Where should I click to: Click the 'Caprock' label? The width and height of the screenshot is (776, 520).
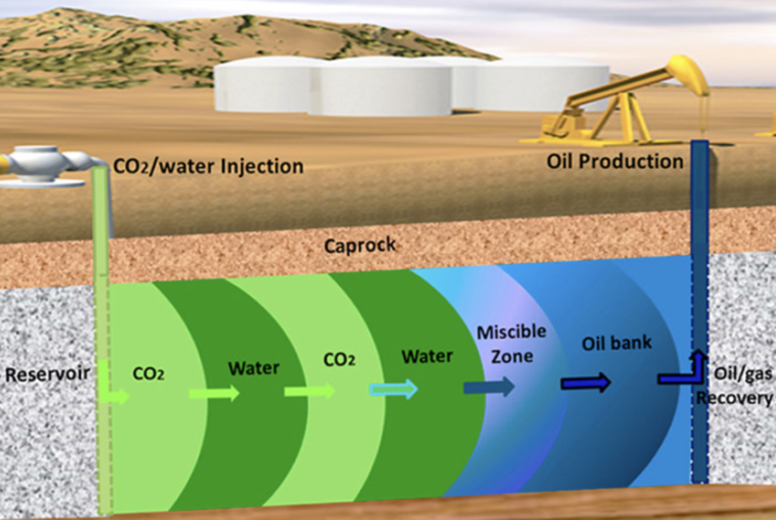pyautogui.click(x=360, y=246)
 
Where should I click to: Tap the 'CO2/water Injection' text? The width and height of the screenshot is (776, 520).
pyautogui.click(x=208, y=165)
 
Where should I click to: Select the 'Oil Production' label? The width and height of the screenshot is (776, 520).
pyautogui.click(x=615, y=161)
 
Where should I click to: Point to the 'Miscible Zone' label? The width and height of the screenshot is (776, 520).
pyautogui.click(x=511, y=343)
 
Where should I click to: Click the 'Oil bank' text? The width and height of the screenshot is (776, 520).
pyautogui.click(x=616, y=343)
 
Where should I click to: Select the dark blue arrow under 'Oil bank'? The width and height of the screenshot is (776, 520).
pyautogui.click(x=585, y=383)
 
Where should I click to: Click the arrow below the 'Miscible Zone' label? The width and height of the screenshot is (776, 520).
pyautogui.click(x=489, y=387)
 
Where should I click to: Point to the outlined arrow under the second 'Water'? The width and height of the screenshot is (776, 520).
pyautogui.click(x=393, y=390)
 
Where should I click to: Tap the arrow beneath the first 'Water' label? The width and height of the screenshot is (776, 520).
pyautogui.click(x=214, y=393)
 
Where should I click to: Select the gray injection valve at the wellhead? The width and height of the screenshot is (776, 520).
pyautogui.click(x=44, y=164)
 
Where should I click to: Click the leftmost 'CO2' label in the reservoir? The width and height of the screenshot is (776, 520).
pyautogui.click(x=149, y=374)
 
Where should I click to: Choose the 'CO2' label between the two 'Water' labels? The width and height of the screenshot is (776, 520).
pyautogui.click(x=339, y=360)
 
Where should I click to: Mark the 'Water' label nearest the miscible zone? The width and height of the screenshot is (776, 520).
pyautogui.click(x=427, y=356)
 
